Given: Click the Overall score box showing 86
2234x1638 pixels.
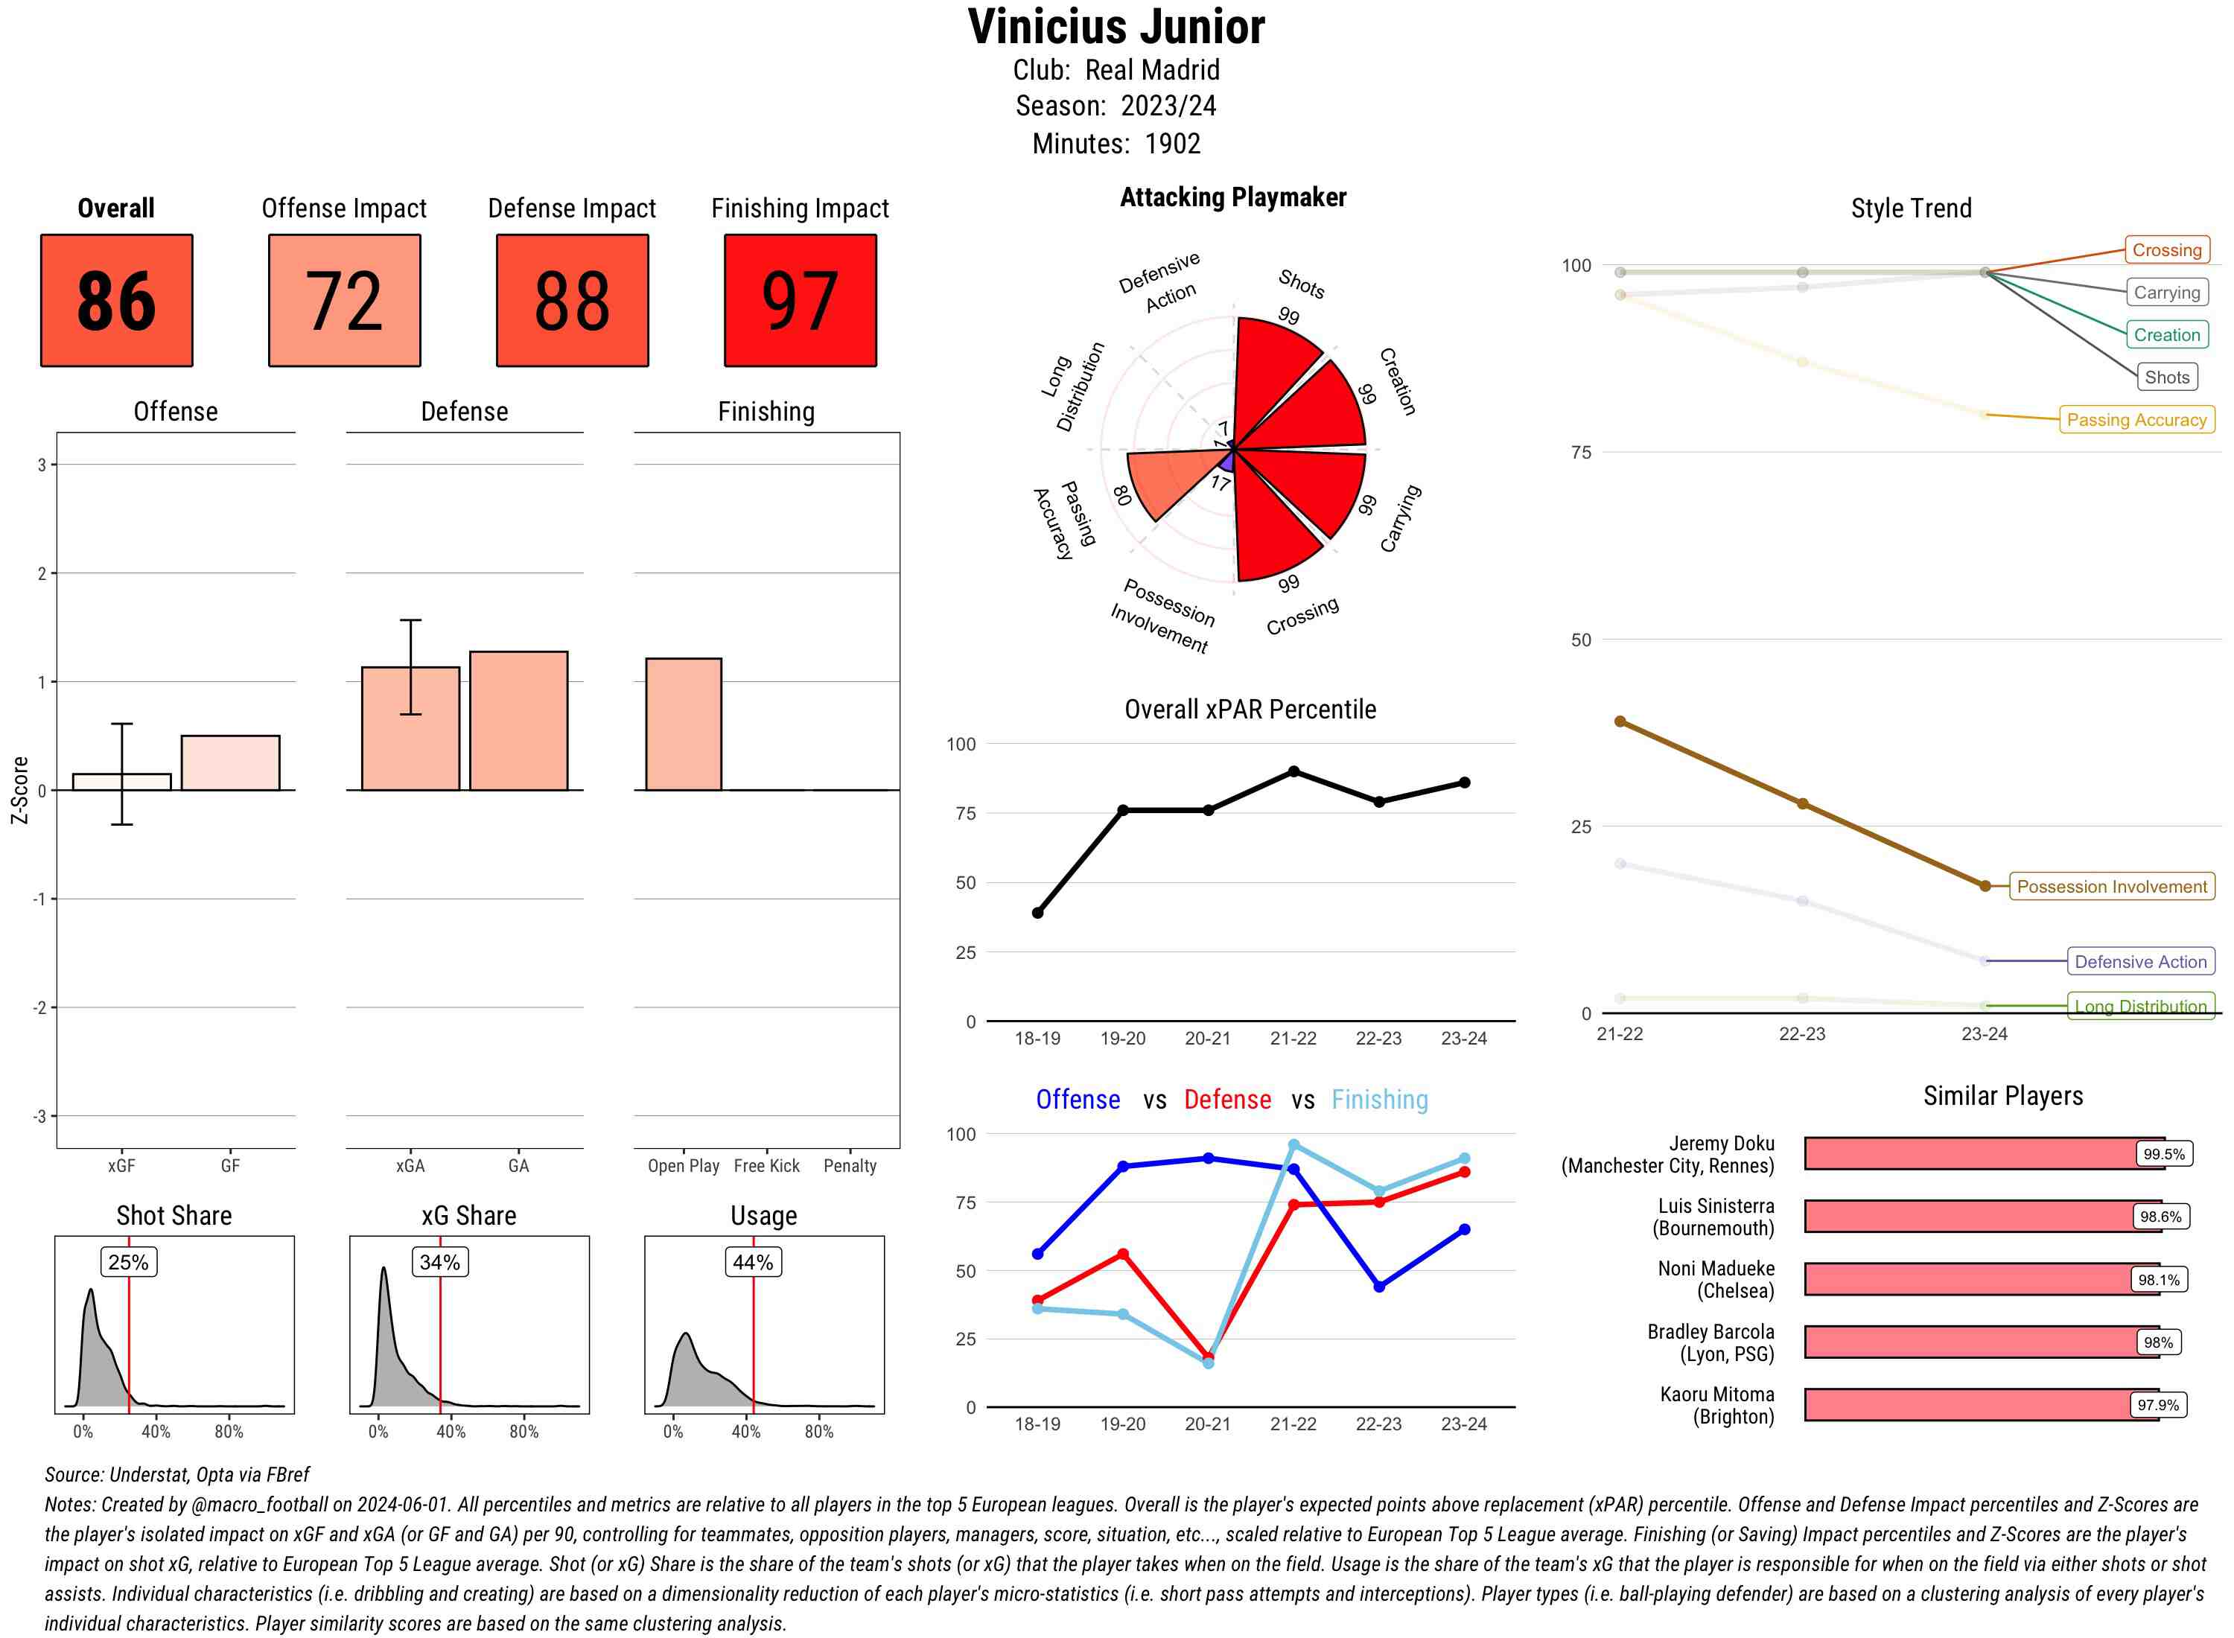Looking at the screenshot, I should pyautogui.click(x=116, y=301).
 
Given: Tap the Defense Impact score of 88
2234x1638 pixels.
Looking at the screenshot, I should pyautogui.click(x=572, y=301).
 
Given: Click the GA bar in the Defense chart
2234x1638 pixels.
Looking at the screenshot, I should pyautogui.click(x=518, y=721).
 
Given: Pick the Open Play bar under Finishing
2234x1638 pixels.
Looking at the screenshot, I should pyautogui.click(x=683, y=724).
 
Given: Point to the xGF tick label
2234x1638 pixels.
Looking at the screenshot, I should pyautogui.click(x=121, y=1166).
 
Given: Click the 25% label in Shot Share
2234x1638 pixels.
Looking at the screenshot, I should pyautogui.click(x=128, y=1262).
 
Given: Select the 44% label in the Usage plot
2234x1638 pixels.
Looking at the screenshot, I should pyautogui.click(x=753, y=1262).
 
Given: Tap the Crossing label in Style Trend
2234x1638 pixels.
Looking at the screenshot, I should pyautogui.click(x=2165, y=250).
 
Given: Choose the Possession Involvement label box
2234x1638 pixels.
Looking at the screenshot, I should pyautogui.click(x=2111, y=887).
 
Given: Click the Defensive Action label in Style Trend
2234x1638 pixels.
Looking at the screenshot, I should pyautogui.click(x=2140, y=962).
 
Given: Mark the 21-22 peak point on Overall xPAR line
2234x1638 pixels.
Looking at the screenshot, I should pyautogui.click(x=1293, y=771).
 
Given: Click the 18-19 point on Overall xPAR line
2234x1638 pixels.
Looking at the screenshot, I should pyautogui.click(x=1037, y=912).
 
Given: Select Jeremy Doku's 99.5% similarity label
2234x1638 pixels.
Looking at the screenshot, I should pyautogui.click(x=2163, y=1154).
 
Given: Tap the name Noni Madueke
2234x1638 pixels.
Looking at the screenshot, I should pyautogui.click(x=1716, y=1269).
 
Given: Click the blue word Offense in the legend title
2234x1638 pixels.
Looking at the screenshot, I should pyautogui.click(x=1078, y=1100).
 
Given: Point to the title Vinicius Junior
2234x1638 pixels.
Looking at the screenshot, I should pyautogui.click(x=1116, y=27).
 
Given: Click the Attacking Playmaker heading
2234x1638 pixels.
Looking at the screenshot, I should pyautogui.click(x=1232, y=197).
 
